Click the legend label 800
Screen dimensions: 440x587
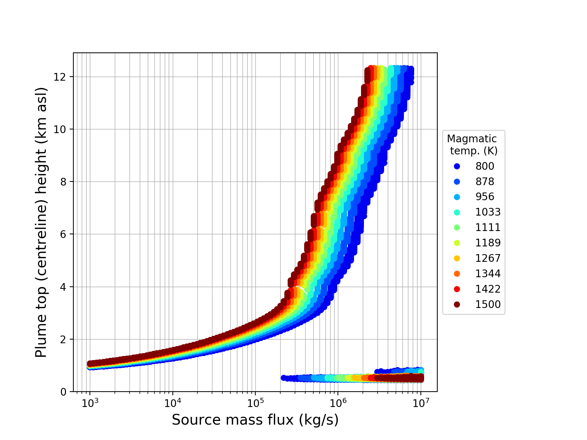coord(485,166)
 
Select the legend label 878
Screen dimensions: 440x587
coord(485,182)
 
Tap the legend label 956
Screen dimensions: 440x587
coord(485,197)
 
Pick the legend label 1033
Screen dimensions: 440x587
coord(488,212)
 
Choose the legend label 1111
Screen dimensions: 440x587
coord(488,228)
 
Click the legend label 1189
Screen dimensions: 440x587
coord(488,243)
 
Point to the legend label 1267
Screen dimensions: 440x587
coord(488,258)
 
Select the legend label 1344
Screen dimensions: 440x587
coord(488,274)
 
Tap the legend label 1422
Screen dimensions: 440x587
coord(488,289)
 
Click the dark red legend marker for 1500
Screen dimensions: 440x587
coord(457,305)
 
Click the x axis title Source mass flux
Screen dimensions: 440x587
coord(255,420)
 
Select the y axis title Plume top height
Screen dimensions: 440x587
coord(41,222)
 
